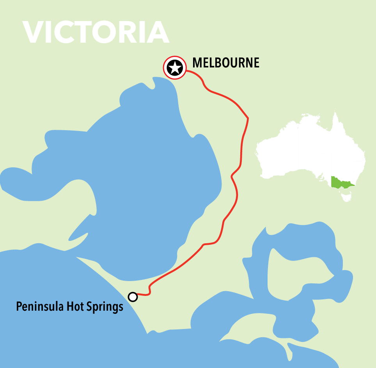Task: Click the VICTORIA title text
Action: [96, 32]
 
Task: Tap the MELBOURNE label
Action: [226, 63]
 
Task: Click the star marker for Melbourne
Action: [174, 68]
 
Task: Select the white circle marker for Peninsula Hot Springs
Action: [133, 297]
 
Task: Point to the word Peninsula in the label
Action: [37, 307]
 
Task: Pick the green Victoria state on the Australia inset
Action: [340, 182]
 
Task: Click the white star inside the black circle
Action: [174, 68]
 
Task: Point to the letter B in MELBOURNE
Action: [220, 63]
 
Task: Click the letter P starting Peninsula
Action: [19, 307]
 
